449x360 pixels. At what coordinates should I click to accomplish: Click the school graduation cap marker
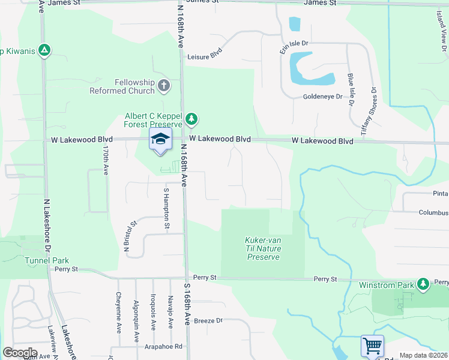coord(160,139)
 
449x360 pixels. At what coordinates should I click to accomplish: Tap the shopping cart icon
coord(372,346)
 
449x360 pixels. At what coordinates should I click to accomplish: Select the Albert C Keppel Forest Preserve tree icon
coord(191,119)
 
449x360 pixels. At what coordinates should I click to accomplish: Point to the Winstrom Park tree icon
coord(424,283)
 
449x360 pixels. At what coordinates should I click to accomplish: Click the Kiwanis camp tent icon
coord(43,50)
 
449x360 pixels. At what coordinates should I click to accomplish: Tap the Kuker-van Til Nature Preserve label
coord(264,248)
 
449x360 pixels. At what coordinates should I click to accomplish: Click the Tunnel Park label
coord(47,260)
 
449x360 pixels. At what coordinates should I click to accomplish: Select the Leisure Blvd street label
coord(205,57)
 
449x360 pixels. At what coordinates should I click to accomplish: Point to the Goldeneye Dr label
coord(322,96)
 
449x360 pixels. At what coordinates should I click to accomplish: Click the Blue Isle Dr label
coord(350,89)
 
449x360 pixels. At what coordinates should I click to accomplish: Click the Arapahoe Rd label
coord(163,346)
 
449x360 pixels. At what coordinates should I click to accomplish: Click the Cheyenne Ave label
coord(119,307)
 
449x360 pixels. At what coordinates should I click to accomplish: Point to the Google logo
coord(20,353)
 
